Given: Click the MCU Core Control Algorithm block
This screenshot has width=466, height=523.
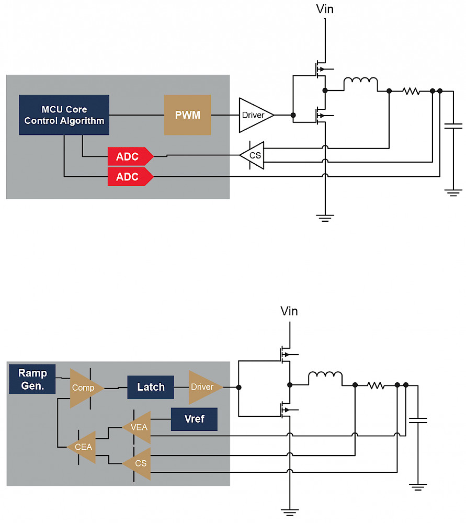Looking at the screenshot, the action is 64,115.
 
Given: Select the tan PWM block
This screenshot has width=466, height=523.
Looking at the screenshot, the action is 187,115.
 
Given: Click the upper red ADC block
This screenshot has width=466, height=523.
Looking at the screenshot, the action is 130,156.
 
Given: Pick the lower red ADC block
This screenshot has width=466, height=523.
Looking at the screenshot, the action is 130,176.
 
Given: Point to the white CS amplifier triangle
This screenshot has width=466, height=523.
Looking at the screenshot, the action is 253,155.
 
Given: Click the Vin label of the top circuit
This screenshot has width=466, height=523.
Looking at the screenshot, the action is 325,9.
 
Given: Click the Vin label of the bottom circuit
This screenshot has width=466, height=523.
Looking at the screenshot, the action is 289,311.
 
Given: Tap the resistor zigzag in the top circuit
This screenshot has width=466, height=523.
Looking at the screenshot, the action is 411,90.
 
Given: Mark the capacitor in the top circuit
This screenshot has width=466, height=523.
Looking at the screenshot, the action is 453,126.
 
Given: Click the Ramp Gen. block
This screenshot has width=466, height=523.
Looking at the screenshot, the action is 32,379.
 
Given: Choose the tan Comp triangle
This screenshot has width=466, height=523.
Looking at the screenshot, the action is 85,388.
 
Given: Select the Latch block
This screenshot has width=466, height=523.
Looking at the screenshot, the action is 151,387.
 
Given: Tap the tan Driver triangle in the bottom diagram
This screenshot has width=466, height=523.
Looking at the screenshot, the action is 204,387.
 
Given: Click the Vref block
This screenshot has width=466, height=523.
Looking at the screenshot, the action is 194,419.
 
